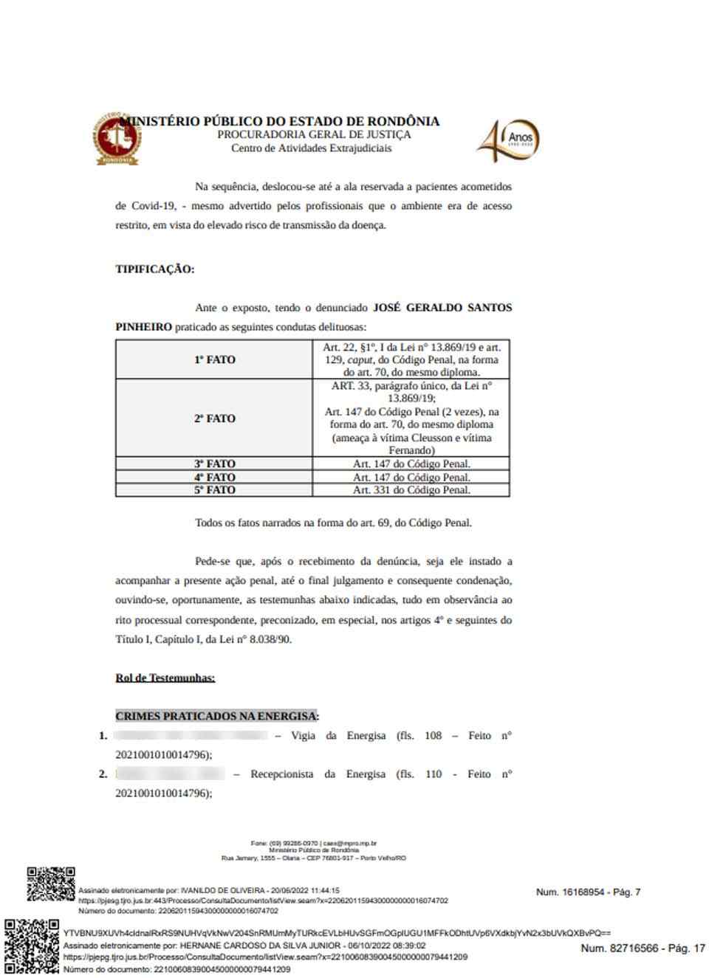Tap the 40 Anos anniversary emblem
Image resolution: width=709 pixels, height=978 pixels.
pos(509,140)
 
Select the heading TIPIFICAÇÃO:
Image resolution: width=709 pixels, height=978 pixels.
pos(154,269)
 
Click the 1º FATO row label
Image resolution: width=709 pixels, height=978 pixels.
pos(214,359)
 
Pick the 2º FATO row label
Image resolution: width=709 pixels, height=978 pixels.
pos(214,418)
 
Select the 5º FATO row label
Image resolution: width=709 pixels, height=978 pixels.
pos(214,489)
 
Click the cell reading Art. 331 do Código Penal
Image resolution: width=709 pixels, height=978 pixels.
pos(411,489)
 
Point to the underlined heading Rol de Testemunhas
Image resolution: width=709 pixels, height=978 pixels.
pos(165,678)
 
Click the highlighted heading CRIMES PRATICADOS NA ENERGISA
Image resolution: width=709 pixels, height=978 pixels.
pos(217,716)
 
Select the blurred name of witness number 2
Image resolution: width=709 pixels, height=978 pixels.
pos(171,774)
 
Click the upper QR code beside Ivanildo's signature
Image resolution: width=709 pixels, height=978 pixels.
pos(51,884)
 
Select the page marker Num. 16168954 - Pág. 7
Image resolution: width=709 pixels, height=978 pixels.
pos(588,892)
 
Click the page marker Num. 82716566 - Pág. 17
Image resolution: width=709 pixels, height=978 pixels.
pos(643,948)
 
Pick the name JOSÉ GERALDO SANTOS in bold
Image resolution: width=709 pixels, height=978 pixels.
pos(442,307)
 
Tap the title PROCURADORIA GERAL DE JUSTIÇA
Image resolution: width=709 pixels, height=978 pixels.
pos(314,135)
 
